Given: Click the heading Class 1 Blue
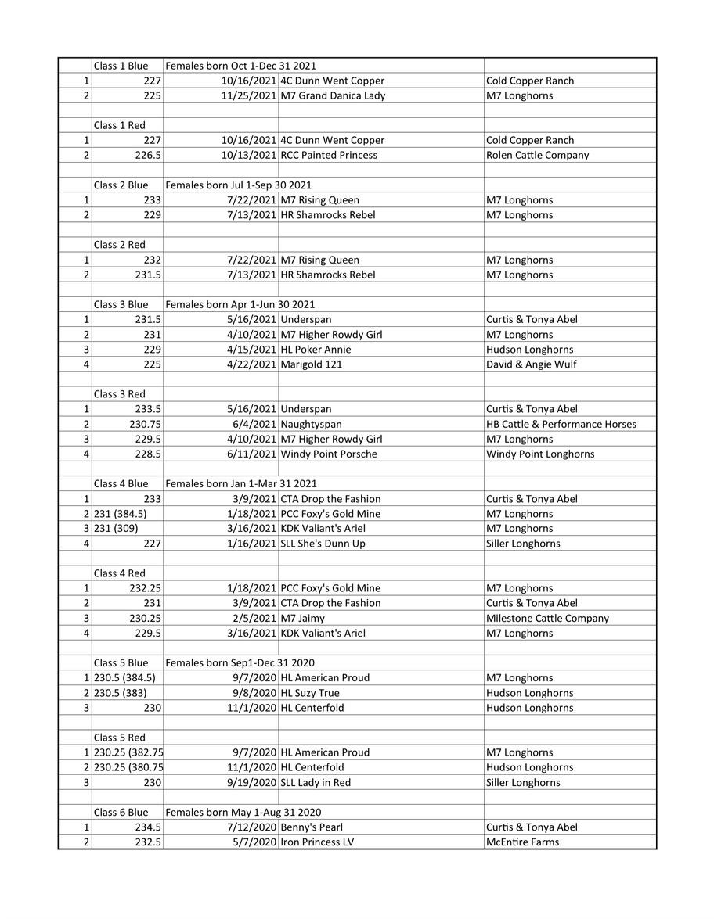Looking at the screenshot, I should tap(121, 66).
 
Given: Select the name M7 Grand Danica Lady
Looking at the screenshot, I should tap(333, 95).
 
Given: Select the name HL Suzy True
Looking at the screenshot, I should tap(310, 693).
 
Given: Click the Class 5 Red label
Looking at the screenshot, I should tap(120, 738).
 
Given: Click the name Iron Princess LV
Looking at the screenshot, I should tap(317, 842).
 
